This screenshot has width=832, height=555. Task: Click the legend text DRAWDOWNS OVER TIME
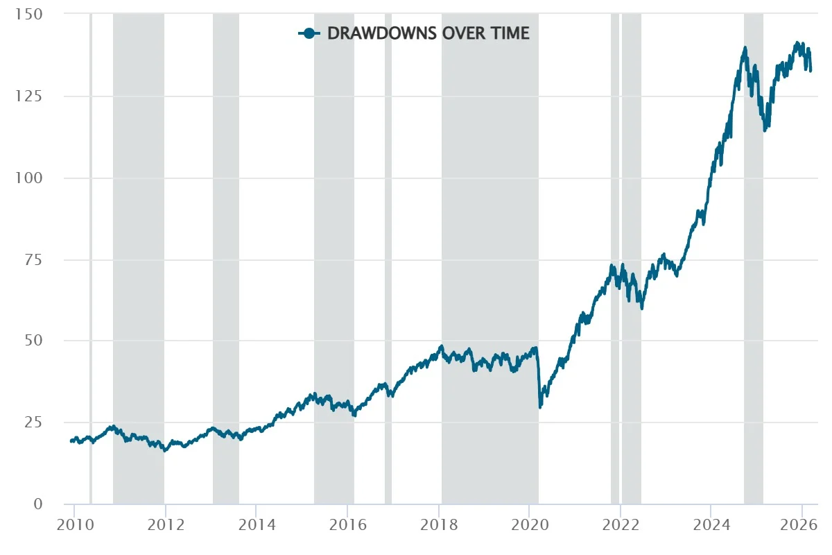(x=428, y=33)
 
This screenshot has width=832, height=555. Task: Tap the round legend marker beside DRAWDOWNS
(x=309, y=33)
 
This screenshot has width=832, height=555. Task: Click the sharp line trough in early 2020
(x=540, y=407)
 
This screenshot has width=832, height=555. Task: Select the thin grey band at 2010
(x=90, y=257)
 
